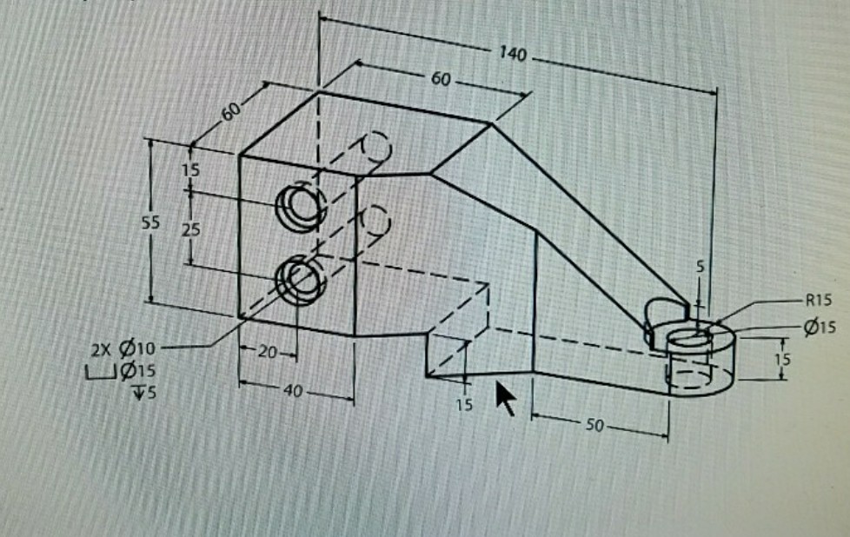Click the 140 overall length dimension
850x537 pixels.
pyautogui.click(x=512, y=54)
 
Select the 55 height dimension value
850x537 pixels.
pyautogui.click(x=150, y=222)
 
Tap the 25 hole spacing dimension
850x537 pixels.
pyautogui.click(x=190, y=229)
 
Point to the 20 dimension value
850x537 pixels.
pyautogui.click(x=267, y=352)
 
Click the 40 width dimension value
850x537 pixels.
pyautogui.click(x=293, y=390)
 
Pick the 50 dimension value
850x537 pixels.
pyautogui.click(x=594, y=426)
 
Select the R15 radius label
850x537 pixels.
pyautogui.click(x=819, y=300)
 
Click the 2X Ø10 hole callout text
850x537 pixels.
pyautogui.click(x=123, y=349)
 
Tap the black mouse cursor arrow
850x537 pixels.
pyautogui.click(x=506, y=398)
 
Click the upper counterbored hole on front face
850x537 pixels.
pyautogui.click(x=300, y=206)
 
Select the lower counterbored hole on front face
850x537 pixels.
pyautogui.click(x=300, y=280)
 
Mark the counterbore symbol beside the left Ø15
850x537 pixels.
pyautogui.click(x=101, y=372)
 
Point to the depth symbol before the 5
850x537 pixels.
pyautogui.click(x=139, y=392)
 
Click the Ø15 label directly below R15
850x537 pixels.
pyautogui.click(x=819, y=327)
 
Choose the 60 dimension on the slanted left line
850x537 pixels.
pyautogui.click(x=231, y=111)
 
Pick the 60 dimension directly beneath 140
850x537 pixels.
pyautogui.click(x=441, y=79)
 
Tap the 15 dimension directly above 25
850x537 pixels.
pyautogui.click(x=190, y=170)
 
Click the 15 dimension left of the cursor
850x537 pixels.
pyautogui.click(x=464, y=405)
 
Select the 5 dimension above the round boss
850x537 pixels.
pyautogui.click(x=701, y=266)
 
